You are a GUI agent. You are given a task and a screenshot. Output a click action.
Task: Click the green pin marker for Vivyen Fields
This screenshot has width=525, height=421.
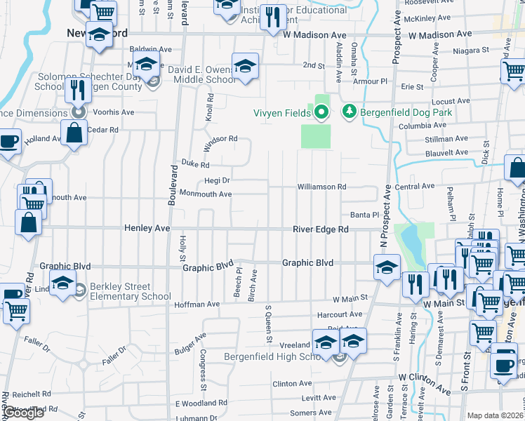[321, 111]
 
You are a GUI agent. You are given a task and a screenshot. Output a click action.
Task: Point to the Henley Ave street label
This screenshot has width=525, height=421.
[147, 229]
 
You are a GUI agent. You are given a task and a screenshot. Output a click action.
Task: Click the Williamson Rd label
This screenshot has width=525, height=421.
[321, 187]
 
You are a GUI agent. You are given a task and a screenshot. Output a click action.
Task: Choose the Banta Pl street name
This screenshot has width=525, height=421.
[365, 215]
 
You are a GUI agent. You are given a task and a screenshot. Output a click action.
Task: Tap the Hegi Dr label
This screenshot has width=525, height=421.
[217, 180]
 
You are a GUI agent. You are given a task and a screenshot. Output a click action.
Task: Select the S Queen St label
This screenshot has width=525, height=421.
[267, 324]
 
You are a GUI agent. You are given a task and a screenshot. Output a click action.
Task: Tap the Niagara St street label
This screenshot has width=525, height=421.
[470, 51]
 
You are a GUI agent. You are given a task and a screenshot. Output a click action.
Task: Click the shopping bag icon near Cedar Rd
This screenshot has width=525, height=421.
[74, 132]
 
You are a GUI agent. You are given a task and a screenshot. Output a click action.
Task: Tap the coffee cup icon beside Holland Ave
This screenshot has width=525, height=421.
[8, 142]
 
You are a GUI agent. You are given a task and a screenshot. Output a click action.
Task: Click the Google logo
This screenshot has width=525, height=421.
[24, 413]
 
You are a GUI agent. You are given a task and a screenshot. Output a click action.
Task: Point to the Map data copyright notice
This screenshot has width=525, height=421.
[496, 416]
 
